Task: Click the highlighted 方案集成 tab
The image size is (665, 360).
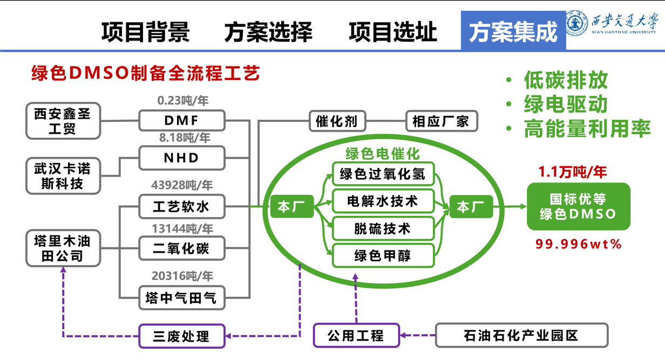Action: coord(513,32)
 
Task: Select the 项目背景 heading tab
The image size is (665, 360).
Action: coord(145,32)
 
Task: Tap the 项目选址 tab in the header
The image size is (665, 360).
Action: coord(392,32)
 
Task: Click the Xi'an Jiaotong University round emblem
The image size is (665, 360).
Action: coord(577,23)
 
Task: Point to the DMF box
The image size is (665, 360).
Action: coord(182,120)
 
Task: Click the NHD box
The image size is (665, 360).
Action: coord(182,158)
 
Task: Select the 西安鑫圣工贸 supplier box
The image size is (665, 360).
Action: coord(63,121)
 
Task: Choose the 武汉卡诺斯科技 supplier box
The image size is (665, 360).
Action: coord(63,176)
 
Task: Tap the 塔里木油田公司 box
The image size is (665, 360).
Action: coord(63,248)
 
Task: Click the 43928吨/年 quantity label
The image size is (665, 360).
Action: coord(182,186)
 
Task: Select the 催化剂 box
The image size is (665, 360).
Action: coord(337,121)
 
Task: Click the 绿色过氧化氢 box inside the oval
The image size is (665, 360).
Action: coord(383,174)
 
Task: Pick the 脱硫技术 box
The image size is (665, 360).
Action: coord(383,229)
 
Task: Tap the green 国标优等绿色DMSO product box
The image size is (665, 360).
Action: coord(578,206)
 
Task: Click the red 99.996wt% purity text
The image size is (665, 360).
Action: coord(579,244)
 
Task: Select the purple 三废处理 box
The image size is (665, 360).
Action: coord(181,336)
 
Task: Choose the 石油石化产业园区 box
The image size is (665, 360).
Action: coord(521,336)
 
